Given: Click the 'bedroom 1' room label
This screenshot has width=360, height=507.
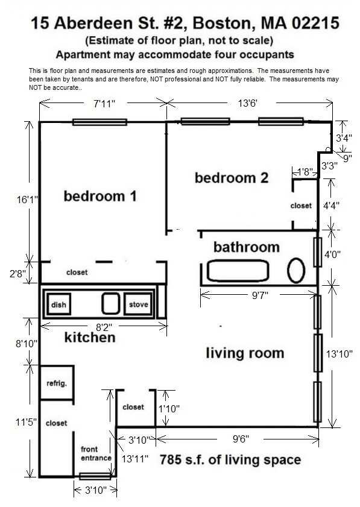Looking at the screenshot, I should point(100,196).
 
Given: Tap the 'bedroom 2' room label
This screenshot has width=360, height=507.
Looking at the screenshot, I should point(231,178).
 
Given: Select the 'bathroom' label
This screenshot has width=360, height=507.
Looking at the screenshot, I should point(247,247).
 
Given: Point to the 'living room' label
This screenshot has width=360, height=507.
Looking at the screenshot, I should point(245,353).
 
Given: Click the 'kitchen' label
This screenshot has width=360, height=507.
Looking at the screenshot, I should point(89,338).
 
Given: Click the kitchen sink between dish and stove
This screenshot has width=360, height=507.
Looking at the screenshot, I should point(109,303).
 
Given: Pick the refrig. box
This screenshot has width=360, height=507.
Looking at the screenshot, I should point(55,383).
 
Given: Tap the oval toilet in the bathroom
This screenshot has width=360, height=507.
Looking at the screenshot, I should point(295,271).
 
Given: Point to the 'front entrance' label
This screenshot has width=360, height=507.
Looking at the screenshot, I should point(96,453).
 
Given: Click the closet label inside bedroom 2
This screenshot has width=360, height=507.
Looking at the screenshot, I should point(301,206).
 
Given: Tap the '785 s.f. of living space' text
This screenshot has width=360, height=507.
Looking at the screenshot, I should point(230,461).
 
